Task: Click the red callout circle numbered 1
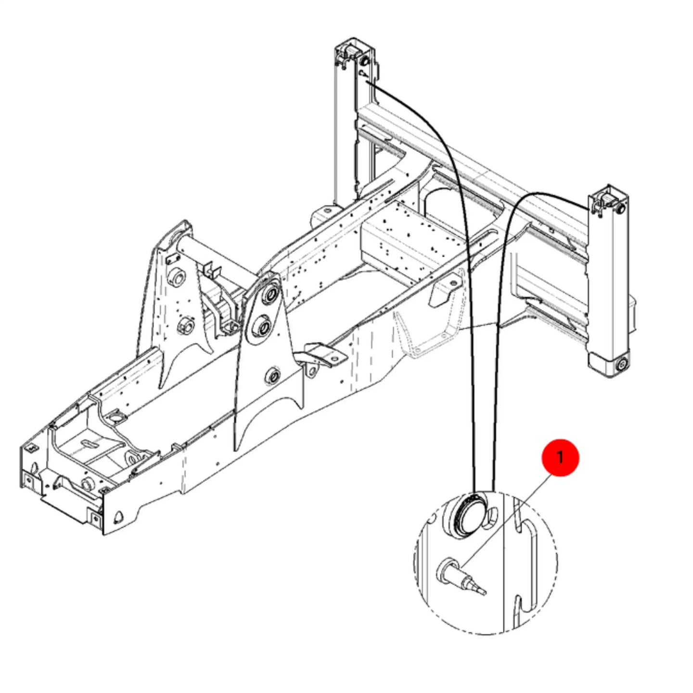click(560, 458)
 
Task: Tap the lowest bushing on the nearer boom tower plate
click(272, 376)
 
